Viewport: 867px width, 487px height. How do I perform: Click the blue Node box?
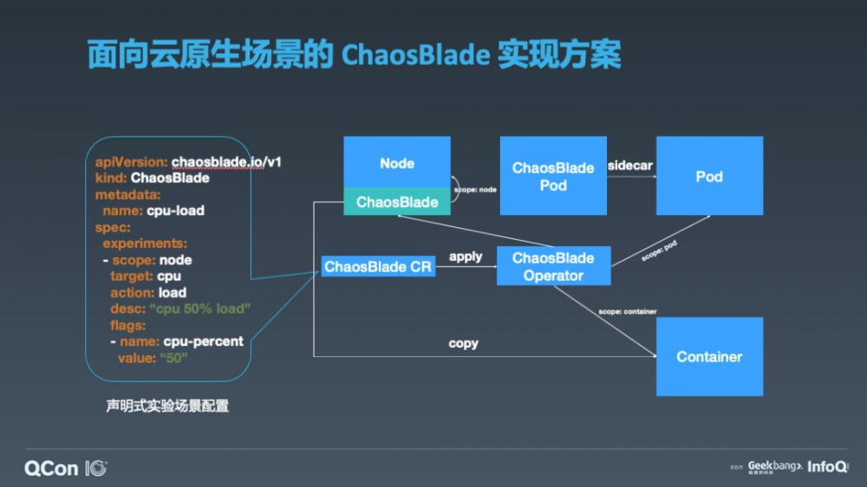click(x=397, y=163)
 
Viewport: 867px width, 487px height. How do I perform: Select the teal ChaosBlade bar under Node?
click(x=397, y=203)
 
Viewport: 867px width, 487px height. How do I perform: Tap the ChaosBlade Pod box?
click(x=553, y=176)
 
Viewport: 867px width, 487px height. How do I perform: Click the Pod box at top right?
click(x=709, y=176)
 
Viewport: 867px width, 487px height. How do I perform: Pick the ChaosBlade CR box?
click(x=378, y=267)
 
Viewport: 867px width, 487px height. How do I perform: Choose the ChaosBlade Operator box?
click(x=553, y=267)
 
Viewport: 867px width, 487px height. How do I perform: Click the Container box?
click(x=709, y=356)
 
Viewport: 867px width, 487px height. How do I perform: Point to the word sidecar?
click(x=630, y=165)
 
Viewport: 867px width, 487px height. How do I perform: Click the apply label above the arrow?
click(x=466, y=256)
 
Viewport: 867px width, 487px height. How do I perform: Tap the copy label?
click(x=464, y=343)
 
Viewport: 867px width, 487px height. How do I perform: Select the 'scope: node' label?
click(x=475, y=189)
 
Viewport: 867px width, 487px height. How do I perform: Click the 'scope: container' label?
click(x=627, y=311)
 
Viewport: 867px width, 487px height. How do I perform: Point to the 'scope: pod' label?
click(x=659, y=251)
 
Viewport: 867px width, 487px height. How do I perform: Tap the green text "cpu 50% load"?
click(x=199, y=309)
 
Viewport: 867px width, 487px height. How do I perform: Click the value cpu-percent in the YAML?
click(x=203, y=341)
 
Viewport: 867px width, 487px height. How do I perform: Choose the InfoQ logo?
click(x=827, y=467)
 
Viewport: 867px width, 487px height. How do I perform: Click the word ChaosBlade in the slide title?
click(x=414, y=56)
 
